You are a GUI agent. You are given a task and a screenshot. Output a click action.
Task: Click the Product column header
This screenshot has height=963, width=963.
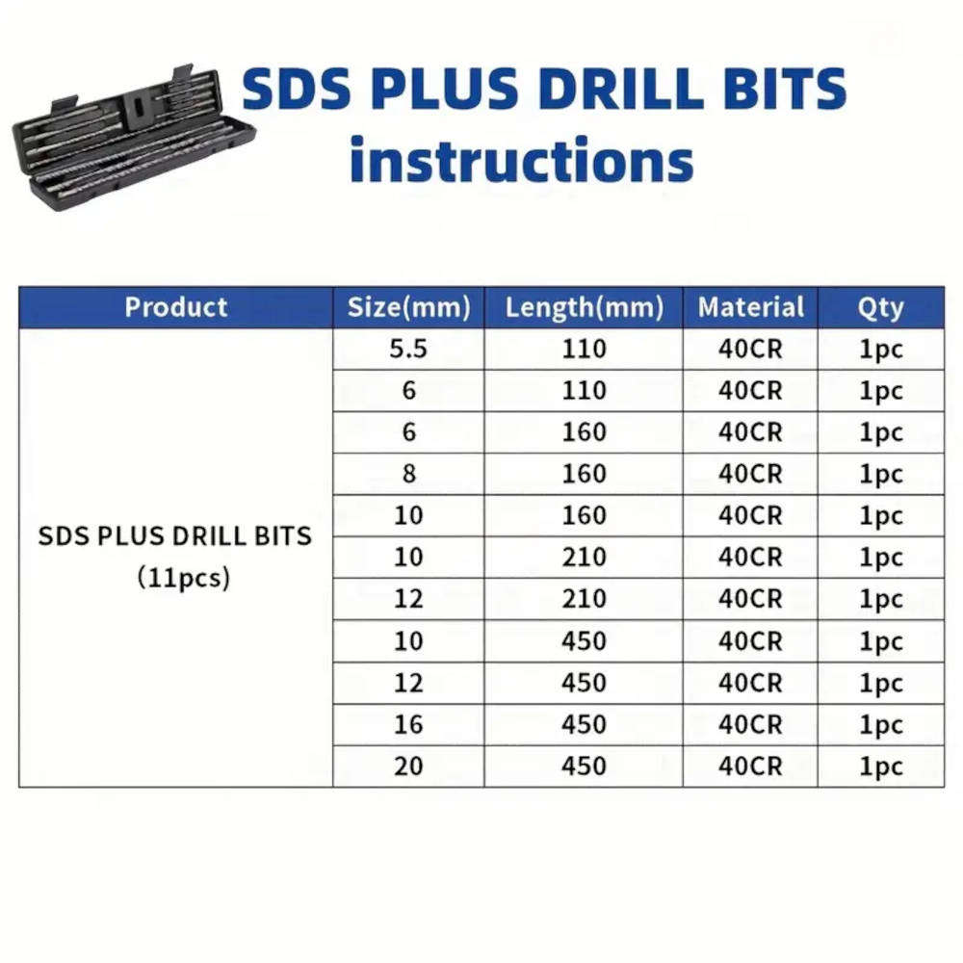pos(176,308)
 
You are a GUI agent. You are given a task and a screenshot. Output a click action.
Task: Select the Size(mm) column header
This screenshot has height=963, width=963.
pos(408,308)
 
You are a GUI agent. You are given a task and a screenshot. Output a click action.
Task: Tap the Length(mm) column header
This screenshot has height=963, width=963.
pos(584,308)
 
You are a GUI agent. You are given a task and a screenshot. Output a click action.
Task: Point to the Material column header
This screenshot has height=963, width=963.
pos(750,308)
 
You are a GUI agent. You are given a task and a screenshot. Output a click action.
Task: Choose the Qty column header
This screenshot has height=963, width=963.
pos(880,308)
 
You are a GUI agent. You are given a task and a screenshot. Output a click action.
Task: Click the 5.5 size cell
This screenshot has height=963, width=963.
pos(408,349)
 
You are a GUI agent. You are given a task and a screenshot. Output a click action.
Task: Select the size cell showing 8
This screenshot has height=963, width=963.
pos(408,474)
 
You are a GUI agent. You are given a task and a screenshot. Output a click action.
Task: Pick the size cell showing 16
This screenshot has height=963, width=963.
pos(408,724)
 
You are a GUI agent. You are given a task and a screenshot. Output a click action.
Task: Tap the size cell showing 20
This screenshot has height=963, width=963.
pos(408,767)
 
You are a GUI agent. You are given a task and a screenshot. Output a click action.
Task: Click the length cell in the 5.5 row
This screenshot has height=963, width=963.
pos(584,349)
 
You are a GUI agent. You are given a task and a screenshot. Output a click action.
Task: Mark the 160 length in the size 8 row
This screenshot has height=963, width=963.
pos(584,474)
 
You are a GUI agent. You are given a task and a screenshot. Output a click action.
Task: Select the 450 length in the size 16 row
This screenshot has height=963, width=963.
pos(584,724)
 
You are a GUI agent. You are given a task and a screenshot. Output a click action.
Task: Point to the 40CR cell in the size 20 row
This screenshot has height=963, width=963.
pos(750,767)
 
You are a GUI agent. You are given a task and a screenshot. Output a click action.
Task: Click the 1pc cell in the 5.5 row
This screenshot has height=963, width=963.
pos(880,349)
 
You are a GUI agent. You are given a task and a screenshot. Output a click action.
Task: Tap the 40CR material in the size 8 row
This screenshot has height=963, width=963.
pos(750,474)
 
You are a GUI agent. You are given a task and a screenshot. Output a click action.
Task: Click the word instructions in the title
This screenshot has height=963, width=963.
pos(521,160)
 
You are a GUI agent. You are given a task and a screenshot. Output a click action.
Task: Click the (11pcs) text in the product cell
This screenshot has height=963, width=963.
pos(183,580)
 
